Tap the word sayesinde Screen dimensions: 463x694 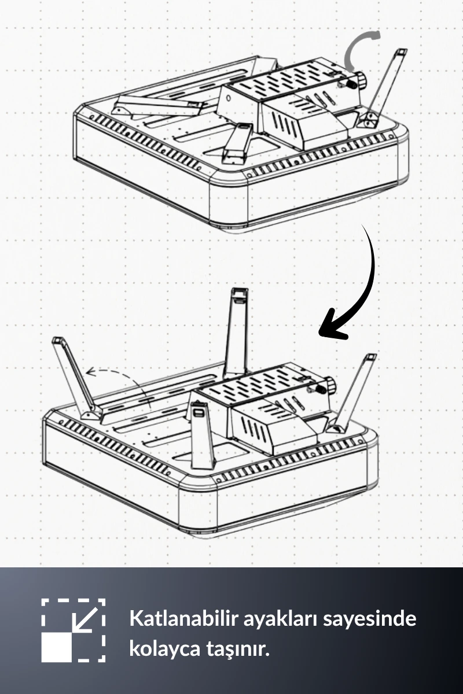(x=370, y=618)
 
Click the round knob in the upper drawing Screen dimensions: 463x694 (x=361, y=80)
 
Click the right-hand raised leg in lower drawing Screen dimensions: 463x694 (x=354, y=393)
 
